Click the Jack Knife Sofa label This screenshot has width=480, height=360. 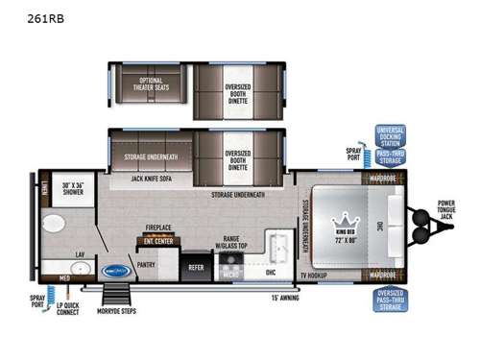pos(151,179)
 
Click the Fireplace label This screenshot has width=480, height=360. pos(156,228)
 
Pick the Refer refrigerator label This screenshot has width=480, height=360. pos(196,268)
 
